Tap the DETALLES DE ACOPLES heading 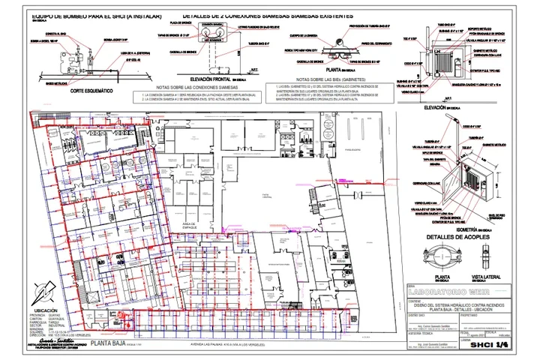tap(457, 237)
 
